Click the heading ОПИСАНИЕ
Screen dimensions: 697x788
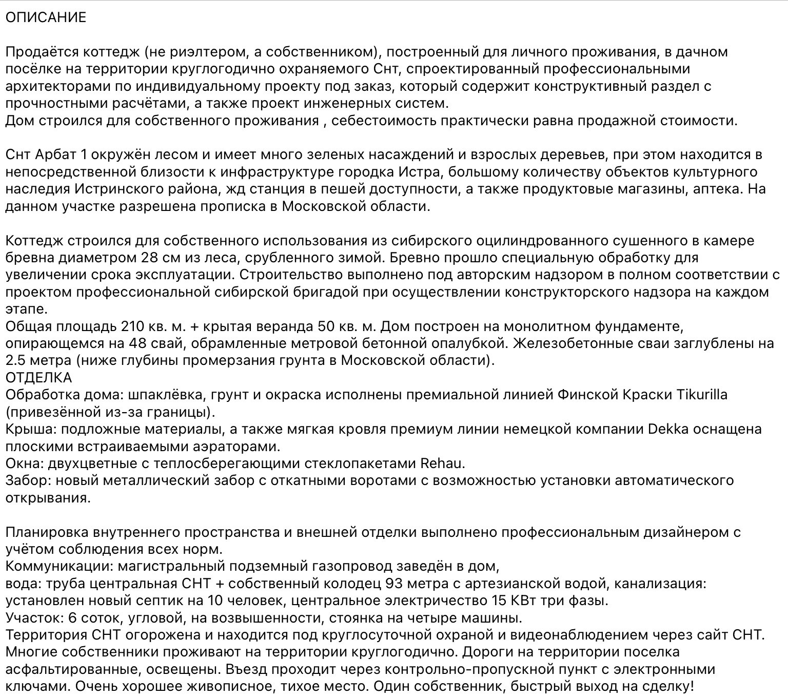tap(46, 17)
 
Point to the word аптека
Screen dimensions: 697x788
tap(716, 189)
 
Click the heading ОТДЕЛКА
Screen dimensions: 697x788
tap(39, 378)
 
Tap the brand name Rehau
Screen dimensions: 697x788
tap(442, 463)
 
